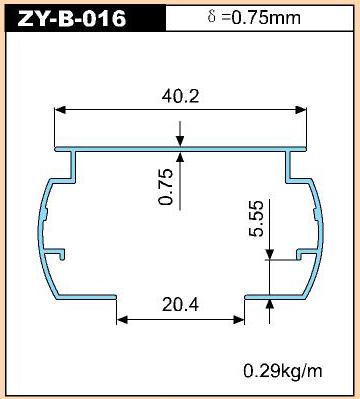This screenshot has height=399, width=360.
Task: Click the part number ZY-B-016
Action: coord(72,19)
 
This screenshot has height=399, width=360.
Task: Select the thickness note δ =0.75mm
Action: coord(254,17)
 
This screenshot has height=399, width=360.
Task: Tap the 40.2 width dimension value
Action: coord(180,96)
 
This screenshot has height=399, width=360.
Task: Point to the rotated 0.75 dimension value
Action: coord(166,187)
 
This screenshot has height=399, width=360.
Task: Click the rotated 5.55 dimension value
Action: coord(256,219)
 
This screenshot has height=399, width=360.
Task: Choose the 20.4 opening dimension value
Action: coord(180,305)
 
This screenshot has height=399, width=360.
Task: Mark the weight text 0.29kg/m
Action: coord(283,371)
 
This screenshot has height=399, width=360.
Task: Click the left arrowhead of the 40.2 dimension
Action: coord(59,110)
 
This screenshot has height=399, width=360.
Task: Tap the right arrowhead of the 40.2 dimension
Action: coord(301,110)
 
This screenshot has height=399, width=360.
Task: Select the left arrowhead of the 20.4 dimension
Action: coord(122,320)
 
